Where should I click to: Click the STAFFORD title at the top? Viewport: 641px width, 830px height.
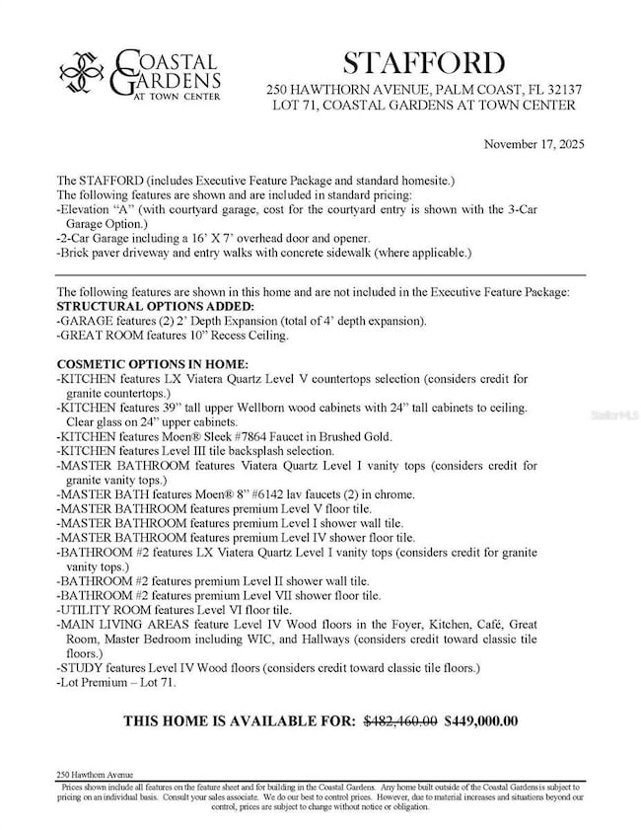coord(423,63)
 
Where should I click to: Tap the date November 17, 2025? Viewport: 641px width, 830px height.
coord(534,144)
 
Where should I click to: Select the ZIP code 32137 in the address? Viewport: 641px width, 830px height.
coord(561,90)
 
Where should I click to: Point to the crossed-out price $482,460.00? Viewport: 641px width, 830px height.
coord(400,720)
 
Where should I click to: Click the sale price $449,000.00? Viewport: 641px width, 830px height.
coord(481,720)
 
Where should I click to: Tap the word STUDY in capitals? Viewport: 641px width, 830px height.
coord(80,668)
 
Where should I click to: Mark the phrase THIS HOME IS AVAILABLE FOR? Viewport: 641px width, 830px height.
coord(239,721)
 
